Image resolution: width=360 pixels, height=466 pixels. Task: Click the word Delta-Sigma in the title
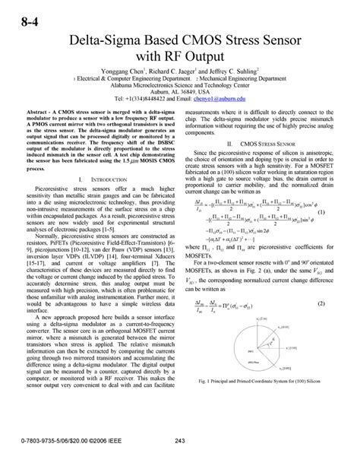pos(103,40)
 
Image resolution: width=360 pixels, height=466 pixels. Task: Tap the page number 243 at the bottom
pos(180,441)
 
